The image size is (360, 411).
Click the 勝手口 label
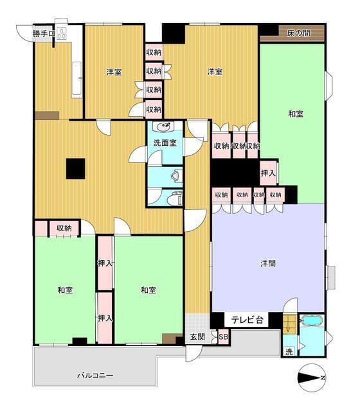click(x=44, y=33)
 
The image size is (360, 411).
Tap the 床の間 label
click(x=298, y=33)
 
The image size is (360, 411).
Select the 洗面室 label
click(x=165, y=143)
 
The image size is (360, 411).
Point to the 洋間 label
click(x=268, y=264)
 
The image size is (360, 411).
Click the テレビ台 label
click(x=247, y=320)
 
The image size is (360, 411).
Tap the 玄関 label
click(x=197, y=337)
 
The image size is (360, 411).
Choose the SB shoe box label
click(x=224, y=337)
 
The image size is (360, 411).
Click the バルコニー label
click(x=95, y=376)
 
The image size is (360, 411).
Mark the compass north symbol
click(x=312, y=378)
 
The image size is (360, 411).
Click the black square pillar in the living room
click(x=76, y=169)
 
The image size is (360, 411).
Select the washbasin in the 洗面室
click(x=165, y=126)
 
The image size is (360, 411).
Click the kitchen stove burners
click(x=62, y=33)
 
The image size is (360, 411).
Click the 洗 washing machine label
click(x=289, y=352)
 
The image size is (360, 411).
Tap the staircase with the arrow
click(x=289, y=324)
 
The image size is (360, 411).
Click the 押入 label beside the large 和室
click(x=268, y=173)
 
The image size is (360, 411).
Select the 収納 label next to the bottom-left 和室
click(x=64, y=228)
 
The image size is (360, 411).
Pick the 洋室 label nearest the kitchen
click(x=114, y=72)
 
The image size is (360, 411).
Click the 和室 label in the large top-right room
click(x=296, y=114)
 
